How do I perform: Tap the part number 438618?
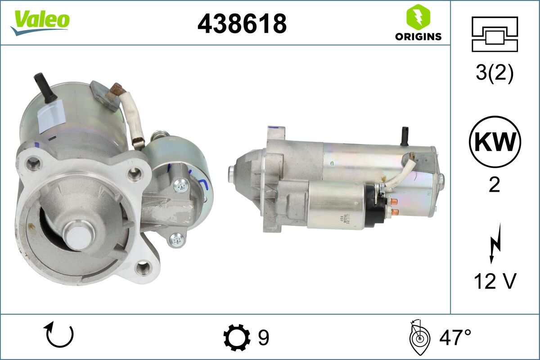[242, 23]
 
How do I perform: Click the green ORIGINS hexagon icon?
[418, 18]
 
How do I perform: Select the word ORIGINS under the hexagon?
[418, 37]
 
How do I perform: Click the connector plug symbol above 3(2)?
[495, 34]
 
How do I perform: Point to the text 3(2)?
[495, 74]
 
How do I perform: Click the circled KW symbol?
[495, 142]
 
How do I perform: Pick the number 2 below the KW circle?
[495, 184]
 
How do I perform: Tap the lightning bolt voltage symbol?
[495, 245]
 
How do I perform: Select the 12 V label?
[495, 282]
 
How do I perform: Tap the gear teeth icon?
[237, 337]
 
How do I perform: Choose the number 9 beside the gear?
[263, 337]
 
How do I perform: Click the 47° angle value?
[455, 337]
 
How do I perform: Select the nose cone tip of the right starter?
[232, 171]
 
